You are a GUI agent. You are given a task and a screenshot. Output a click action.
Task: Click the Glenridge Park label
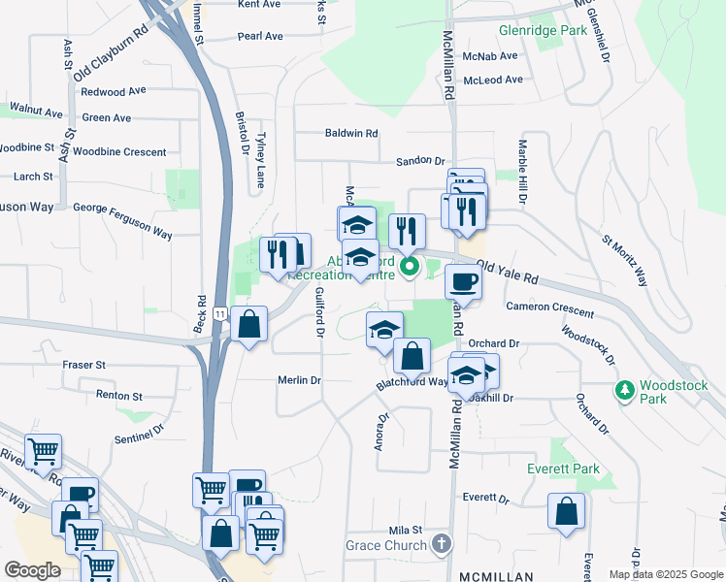(543, 30)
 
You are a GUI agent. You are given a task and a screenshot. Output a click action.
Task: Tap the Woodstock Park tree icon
(626, 390)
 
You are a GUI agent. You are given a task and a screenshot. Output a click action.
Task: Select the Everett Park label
(563, 469)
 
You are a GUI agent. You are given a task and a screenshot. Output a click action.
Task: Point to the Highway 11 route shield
(221, 314)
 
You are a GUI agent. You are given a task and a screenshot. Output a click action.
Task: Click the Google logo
(32, 569)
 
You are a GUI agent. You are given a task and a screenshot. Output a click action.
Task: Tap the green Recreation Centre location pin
(410, 265)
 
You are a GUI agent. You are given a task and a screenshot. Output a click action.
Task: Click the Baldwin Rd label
(350, 133)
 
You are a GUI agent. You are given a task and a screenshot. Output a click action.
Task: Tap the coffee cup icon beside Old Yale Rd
(463, 282)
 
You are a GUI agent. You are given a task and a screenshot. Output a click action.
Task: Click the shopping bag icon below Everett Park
(566, 511)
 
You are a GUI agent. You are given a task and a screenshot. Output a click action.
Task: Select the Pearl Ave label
(260, 37)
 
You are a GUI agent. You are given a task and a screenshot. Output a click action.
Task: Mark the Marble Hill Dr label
(522, 171)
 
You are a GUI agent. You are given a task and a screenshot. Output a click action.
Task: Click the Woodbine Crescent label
(119, 152)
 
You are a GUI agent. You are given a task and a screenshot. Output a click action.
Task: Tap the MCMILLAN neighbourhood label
(498, 565)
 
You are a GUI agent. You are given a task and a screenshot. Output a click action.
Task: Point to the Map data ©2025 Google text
(665, 574)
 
